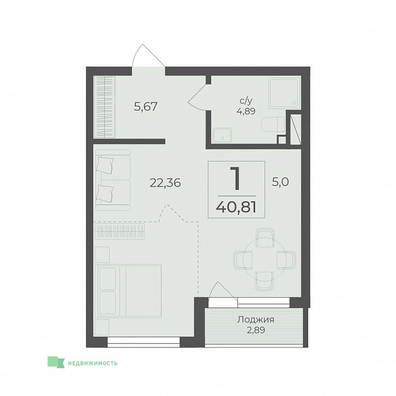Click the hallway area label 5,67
[x=146, y=106]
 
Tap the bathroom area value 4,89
[x=246, y=111]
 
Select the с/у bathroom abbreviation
[x=246, y=101]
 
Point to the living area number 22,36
[x=165, y=183]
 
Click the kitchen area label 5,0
[x=280, y=182]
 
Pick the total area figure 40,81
[x=236, y=208]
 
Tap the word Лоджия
[x=256, y=320]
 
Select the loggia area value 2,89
[x=256, y=330]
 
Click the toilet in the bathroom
[x=273, y=124]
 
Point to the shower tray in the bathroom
[x=284, y=93]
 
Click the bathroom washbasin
[x=222, y=135]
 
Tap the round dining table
[x=265, y=260]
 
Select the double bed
[x=128, y=291]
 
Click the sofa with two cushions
[x=113, y=180]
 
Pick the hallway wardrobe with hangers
[x=105, y=107]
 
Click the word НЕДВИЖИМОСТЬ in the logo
[x=93, y=363]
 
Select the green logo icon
[x=56, y=362]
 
